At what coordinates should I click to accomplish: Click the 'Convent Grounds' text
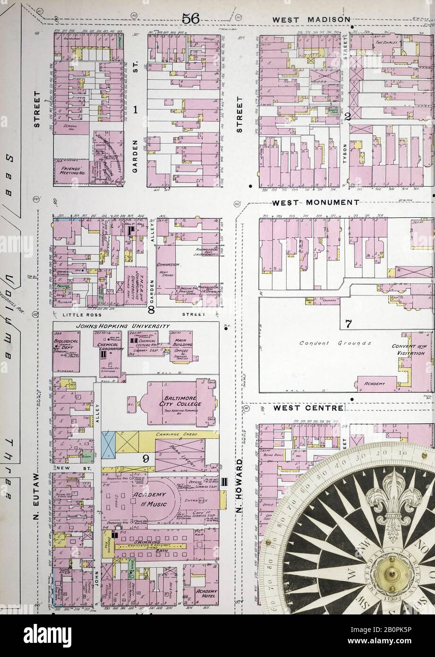point(335,343)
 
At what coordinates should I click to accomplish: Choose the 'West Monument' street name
point(316,202)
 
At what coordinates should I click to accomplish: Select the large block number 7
point(349,324)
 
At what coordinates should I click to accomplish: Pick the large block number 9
point(146,458)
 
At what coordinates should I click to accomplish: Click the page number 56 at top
point(191,18)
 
